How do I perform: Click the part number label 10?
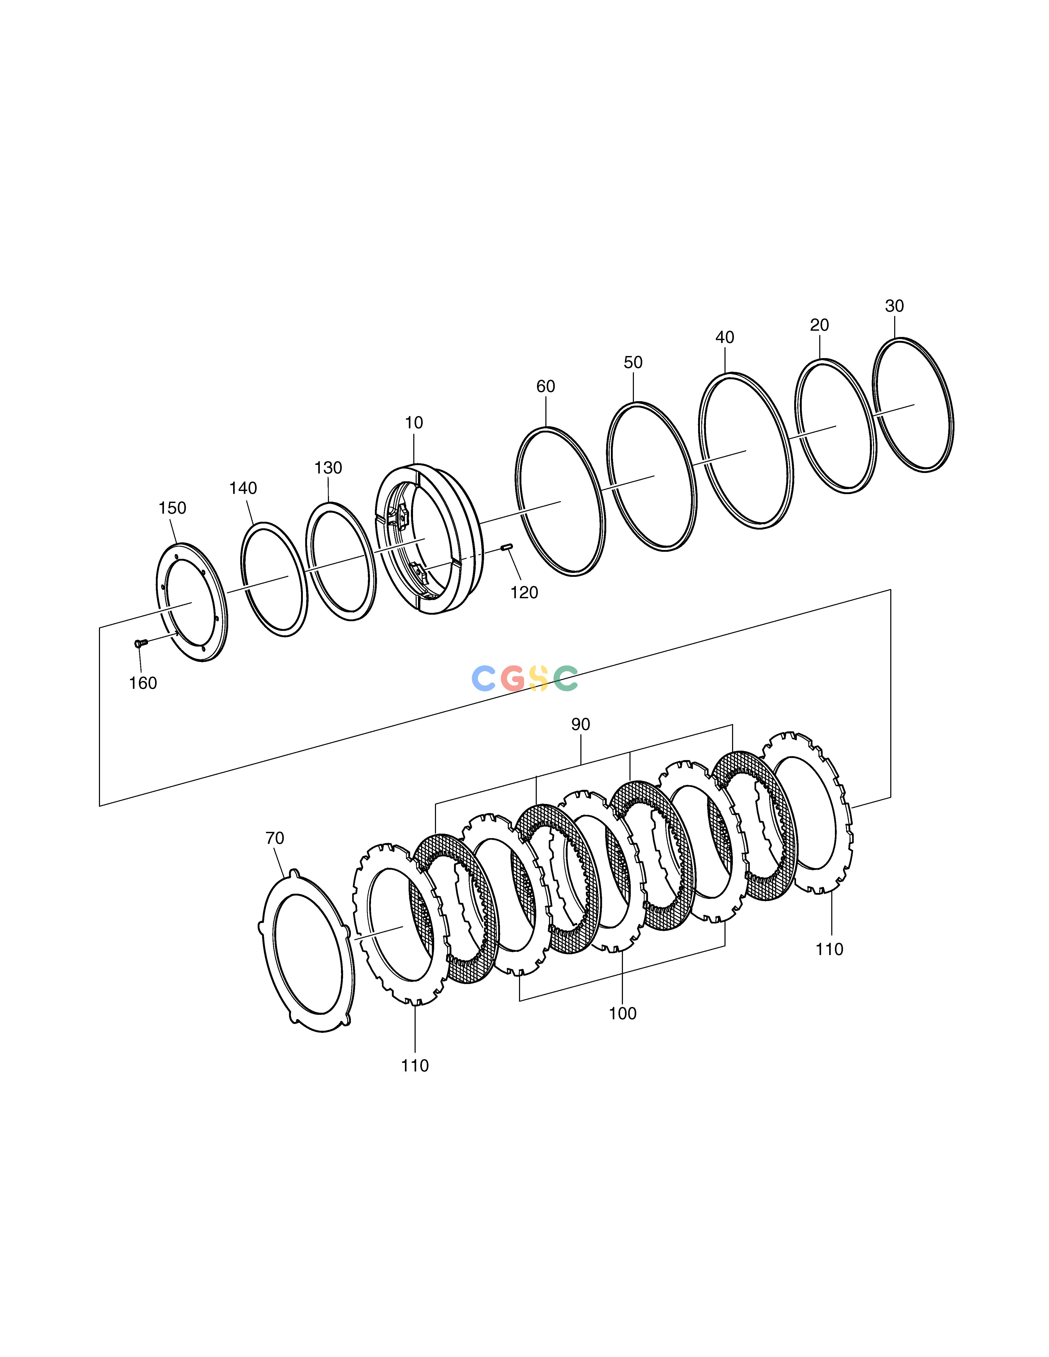(x=414, y=423)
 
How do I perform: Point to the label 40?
(x=724, y=337)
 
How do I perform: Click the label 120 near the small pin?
(x=524, y=593)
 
